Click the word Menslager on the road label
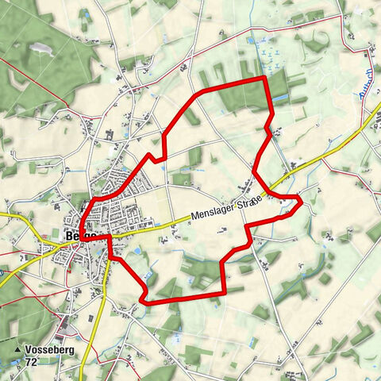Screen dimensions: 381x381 pos(210,212)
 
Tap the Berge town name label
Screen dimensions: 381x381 pos(79,236)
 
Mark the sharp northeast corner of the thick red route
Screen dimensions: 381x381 pos(264,78)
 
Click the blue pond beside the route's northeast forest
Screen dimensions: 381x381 pos(252,40)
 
